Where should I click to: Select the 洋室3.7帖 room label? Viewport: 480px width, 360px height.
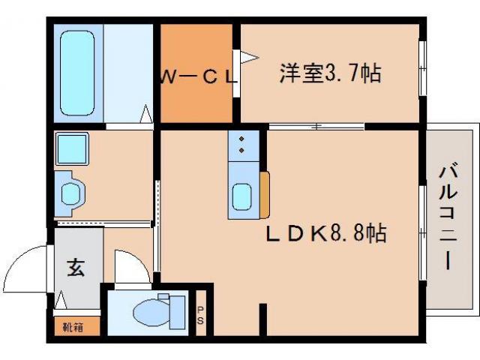tap(330, 73)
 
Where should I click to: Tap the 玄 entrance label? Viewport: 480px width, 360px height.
tap(76, 268)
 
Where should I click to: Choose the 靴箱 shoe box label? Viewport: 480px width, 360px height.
tap(73, 327)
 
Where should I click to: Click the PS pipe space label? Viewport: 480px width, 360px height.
tap(199, 315)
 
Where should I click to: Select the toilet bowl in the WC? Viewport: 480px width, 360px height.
tap(150, 310)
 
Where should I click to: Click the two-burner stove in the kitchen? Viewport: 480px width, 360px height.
tap(242, 144)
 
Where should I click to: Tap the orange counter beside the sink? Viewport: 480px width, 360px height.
tap(265, 194)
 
